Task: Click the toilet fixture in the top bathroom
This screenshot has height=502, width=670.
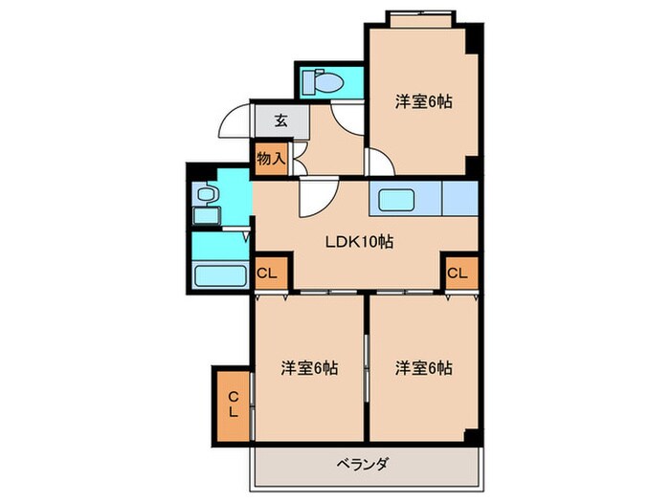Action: tap(326, 83)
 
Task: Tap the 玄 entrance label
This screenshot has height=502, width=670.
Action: tap(280, 120)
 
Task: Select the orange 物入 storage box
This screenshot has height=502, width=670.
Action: tap(271, 158)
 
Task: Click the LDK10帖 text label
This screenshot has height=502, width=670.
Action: tap(358, 241)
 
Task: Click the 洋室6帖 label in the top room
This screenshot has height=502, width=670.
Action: tap(422, 102)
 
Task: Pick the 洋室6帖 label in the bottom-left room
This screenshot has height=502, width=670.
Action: tap(308, 367)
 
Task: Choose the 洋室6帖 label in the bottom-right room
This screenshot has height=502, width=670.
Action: tap(422, 367)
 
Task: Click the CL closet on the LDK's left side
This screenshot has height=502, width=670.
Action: tap(269, 273)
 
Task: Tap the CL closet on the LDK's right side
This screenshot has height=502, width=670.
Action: tap(458, 273)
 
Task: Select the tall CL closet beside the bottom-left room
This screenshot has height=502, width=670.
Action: tap(234, 404)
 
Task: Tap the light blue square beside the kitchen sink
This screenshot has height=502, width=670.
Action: tap(460, 201)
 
